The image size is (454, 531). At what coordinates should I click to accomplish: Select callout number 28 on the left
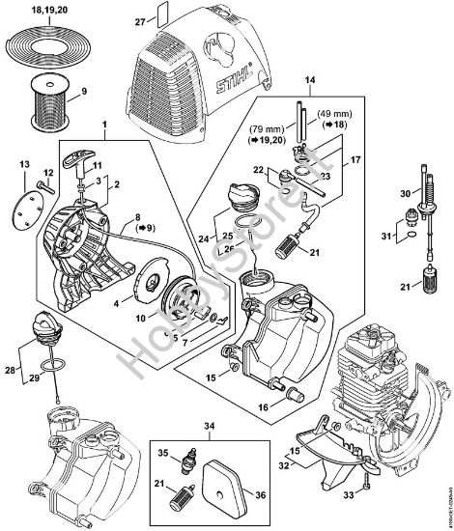pyautogui.click(x=10, y=370)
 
